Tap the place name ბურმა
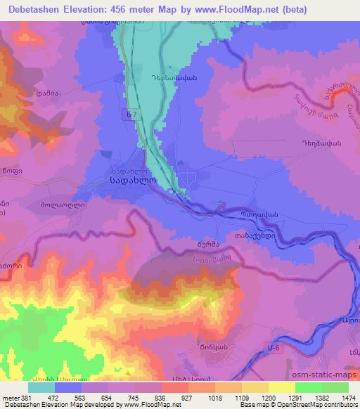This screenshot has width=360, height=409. [200, 246]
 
